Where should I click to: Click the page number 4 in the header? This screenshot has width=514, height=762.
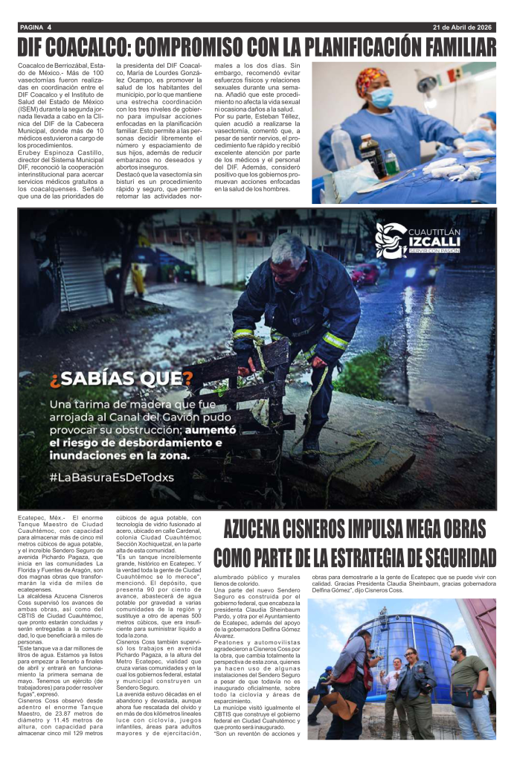point(49,28)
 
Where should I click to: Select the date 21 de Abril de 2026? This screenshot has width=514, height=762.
point(463,28)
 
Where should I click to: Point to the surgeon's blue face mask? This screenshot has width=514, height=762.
point(382,97)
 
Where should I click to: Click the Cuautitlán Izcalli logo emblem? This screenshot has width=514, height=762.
point(391,240)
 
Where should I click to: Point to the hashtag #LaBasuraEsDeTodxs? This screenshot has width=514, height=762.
point(112,476)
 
